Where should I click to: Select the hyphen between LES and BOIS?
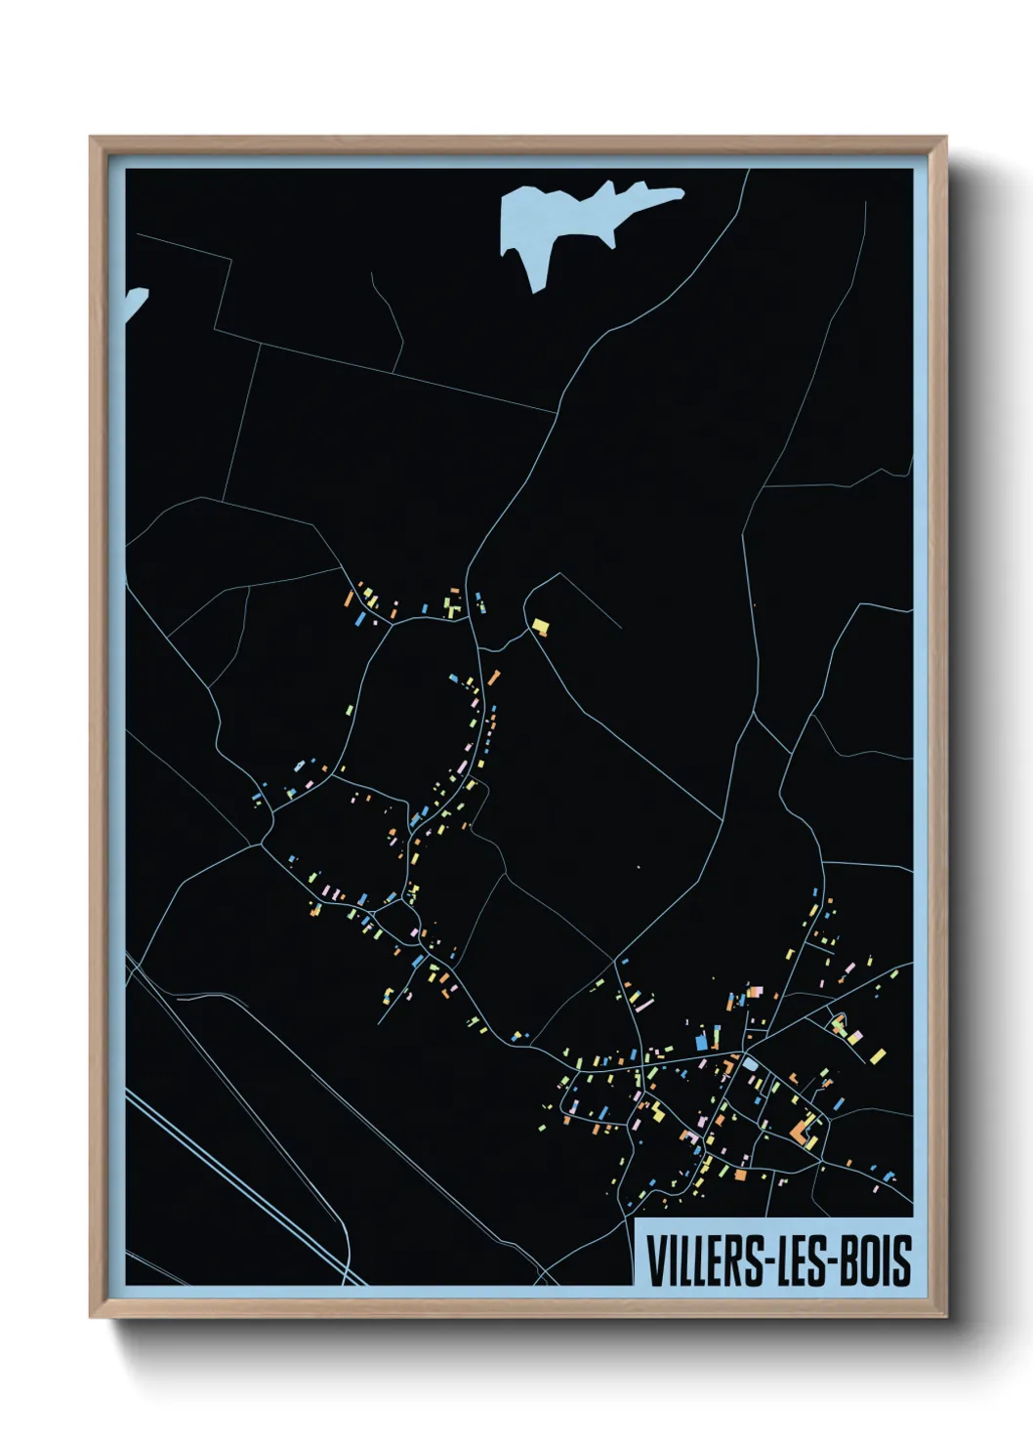[833, 1260]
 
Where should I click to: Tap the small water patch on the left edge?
[133, 302]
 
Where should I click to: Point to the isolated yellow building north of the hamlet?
[540, 626]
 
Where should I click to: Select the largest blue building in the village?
[701, 1041]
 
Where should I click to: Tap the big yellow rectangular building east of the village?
[877, 1055]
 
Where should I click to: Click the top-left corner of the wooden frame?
[92, 140]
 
